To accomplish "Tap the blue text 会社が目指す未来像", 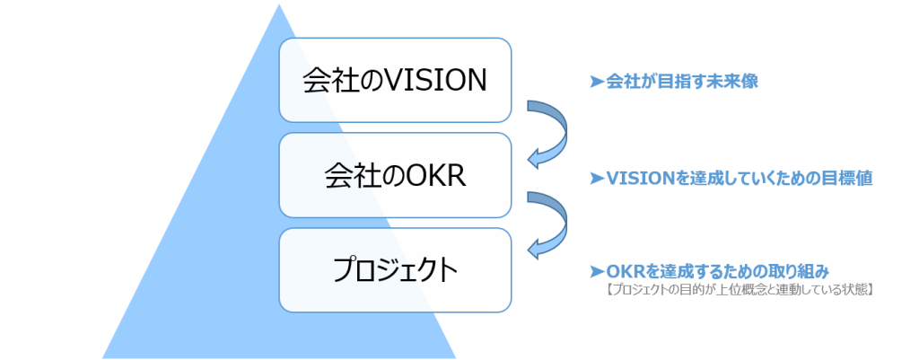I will coord(681,82).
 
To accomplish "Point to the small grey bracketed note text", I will coord(740,290).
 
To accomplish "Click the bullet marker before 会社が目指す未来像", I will coord(595,82).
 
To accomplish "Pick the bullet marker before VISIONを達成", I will coord(595,179).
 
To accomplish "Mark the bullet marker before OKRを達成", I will coord(595,271).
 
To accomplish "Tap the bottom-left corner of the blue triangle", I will coord(101,356).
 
